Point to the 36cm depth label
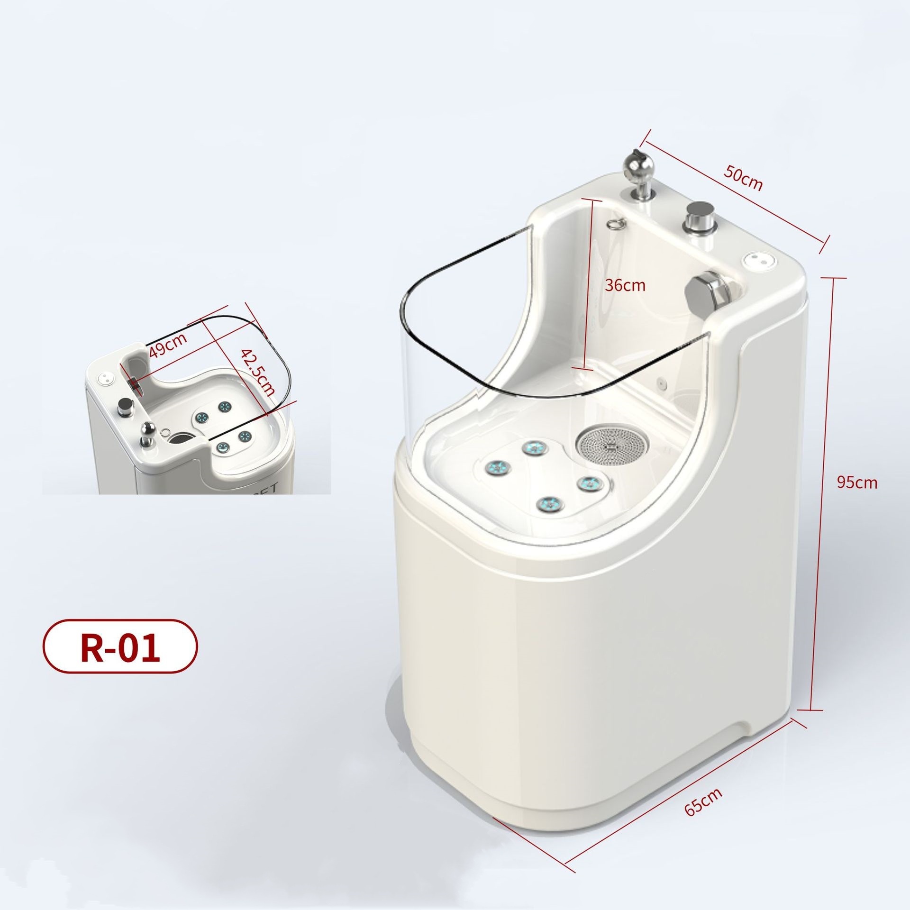(x=625, y=285)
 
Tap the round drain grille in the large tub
(x=610, y=445)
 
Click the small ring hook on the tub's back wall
(x=616, y=224)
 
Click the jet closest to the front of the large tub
(x=549, y=504)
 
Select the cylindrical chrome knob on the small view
(x=126, y=406)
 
